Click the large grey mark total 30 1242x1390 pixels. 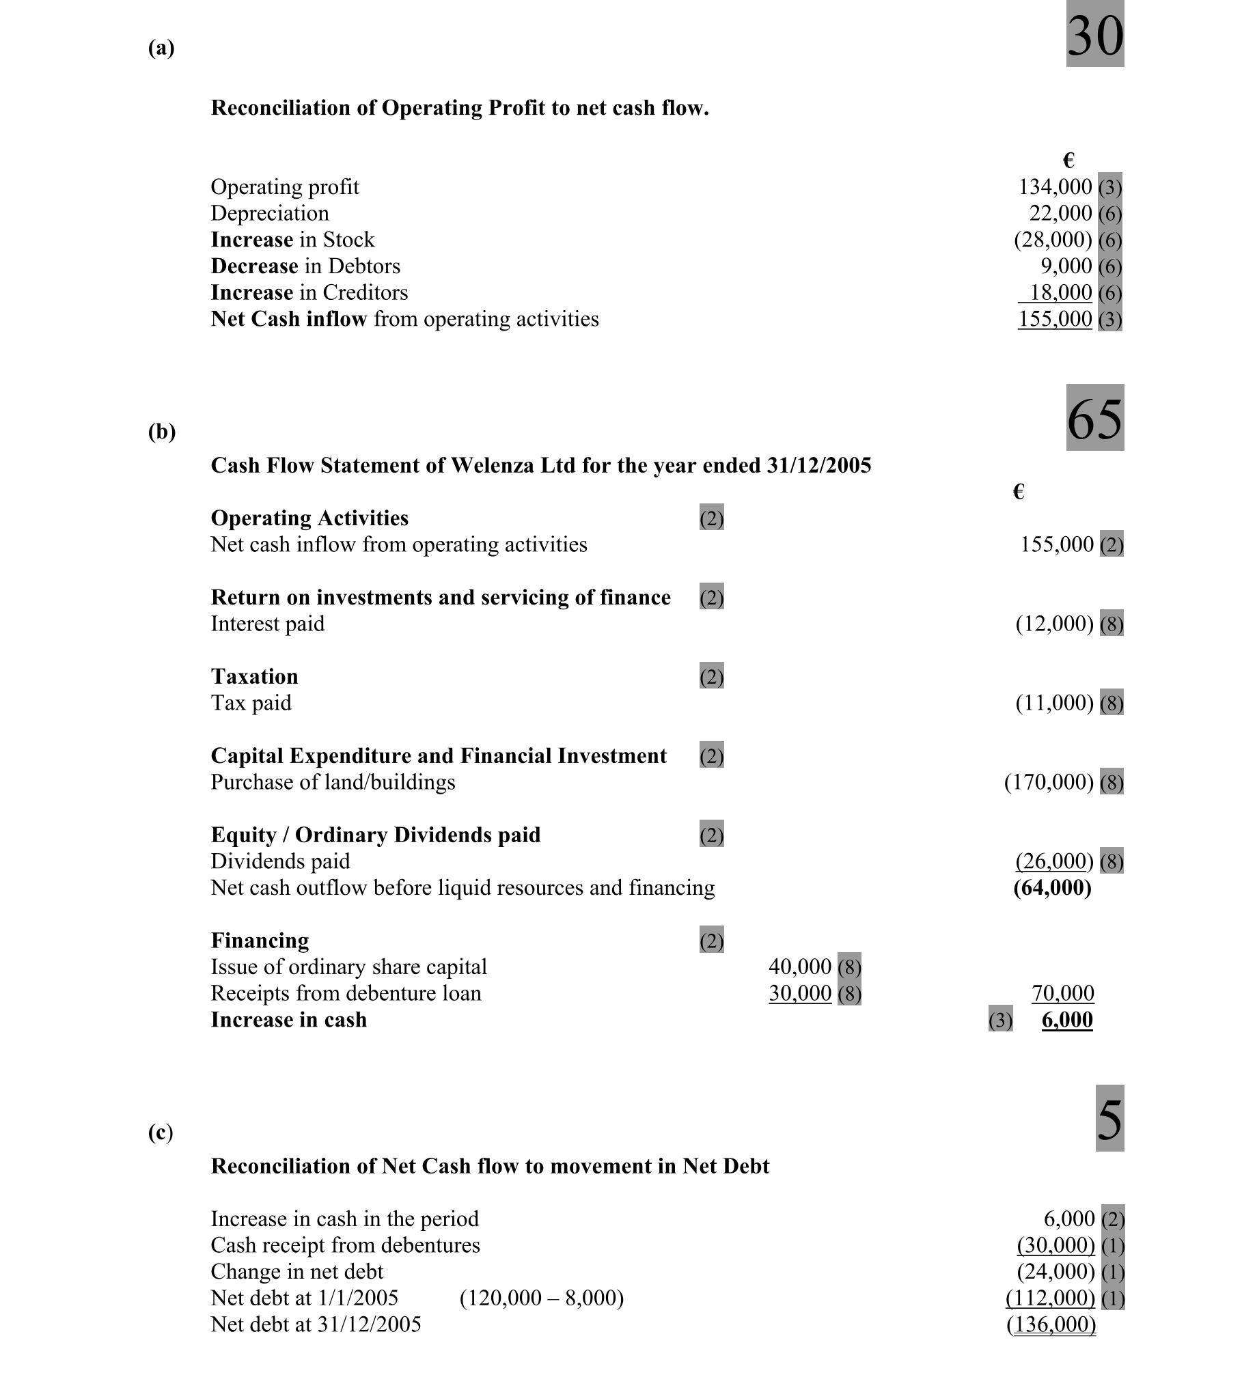[x=1094, y=34]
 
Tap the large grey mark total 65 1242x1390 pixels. [x=1094, y=417]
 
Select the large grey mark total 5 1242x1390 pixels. [x=1109, y=1118]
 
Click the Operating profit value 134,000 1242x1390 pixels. [x=1055, y=186]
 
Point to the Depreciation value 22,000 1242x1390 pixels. [x=1060, y=213]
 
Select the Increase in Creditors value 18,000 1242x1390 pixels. [x=1060, y=292]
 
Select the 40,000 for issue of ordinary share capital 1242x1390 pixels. [x=799, y=967]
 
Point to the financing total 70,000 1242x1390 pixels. [x=1062, y=993]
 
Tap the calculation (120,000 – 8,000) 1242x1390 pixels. [x=542, y=1298]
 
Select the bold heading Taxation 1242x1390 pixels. [x=254, y=676]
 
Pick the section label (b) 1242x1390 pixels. [x=162, y=432]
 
